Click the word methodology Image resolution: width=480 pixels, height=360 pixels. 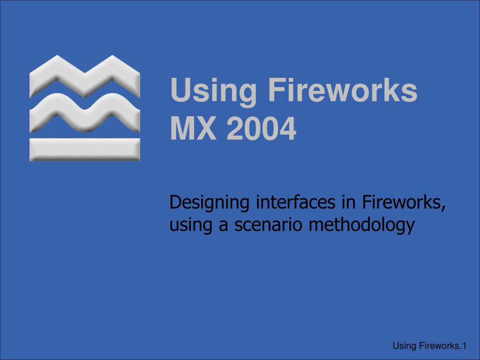click(362, 226)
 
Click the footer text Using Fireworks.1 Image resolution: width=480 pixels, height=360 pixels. click(429, 346)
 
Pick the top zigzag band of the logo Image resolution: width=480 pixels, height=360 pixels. click(84, 77)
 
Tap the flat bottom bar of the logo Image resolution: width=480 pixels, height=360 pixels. click(84, 149)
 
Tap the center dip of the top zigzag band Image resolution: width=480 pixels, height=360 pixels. click(84, 84)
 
